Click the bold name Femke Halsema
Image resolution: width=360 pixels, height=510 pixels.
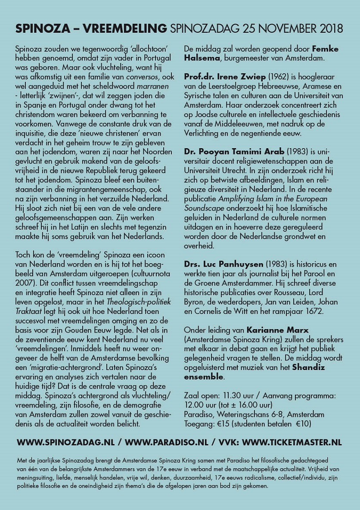[261, 53]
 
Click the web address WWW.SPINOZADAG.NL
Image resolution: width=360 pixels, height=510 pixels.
[67, 442]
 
